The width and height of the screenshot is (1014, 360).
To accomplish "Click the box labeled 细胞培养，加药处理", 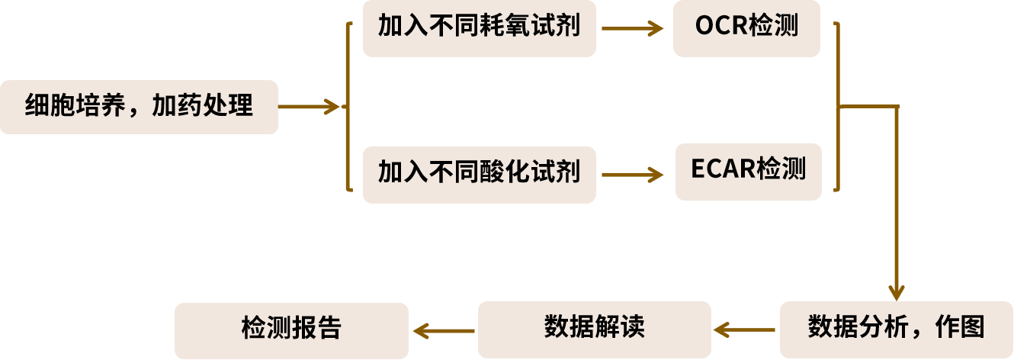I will click(139, 107).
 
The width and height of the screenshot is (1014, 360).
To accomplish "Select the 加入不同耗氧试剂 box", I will click(479, 28).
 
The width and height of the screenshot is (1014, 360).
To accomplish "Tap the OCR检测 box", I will click(746, 28).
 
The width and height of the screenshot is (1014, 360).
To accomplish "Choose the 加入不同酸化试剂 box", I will click(479, 175).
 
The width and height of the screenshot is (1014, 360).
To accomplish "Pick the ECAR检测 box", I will click(748, 172).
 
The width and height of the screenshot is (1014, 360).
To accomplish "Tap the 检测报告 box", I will click(291, 329).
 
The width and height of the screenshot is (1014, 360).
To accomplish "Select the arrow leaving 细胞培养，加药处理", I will click(309, 107).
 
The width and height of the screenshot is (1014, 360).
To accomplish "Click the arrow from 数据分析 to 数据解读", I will click(746, 330).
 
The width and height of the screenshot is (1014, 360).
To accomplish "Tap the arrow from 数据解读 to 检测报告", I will click(444, 330).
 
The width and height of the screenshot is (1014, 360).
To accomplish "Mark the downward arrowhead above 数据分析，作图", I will click(896, 292).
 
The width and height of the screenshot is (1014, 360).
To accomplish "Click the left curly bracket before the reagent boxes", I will click(348, 107).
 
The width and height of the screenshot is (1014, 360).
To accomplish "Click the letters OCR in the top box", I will click(720, 27).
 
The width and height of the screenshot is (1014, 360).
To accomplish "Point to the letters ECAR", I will click(724, 170).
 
